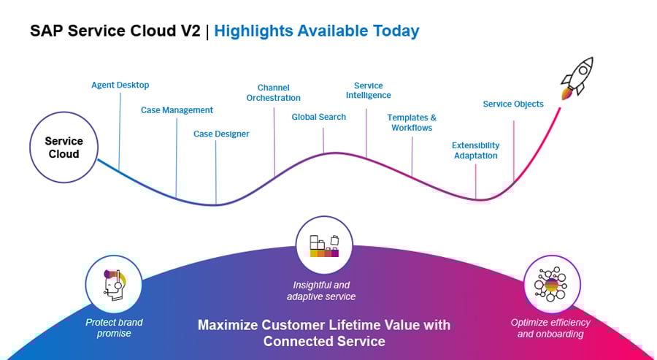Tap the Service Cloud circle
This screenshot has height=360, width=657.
64,148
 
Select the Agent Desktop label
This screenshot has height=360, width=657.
120,85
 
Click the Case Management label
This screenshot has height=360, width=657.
177,110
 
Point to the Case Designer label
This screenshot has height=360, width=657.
221,134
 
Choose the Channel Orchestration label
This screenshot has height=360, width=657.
273,93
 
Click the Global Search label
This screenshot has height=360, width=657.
319,117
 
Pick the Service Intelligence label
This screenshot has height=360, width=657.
368,91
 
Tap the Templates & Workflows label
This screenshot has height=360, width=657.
411,123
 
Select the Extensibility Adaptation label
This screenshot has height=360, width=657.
475,150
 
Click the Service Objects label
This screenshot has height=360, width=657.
513,104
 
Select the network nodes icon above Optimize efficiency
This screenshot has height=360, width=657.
552,283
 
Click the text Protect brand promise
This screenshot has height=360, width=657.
114,328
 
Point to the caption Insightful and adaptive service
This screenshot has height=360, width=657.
321,291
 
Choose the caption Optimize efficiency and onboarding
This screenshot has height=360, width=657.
550,328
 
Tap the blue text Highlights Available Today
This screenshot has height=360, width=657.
317,31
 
